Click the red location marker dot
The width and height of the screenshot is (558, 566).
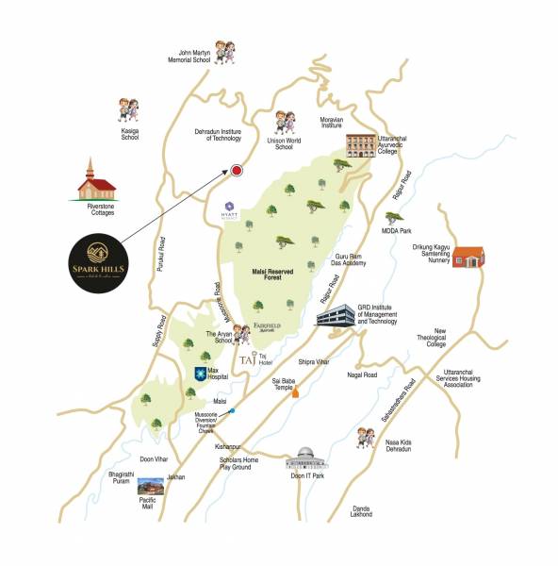[x=236, y=171]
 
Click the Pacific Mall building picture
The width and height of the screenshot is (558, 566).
[x=149, y=487]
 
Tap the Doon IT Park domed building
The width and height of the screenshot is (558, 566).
[x=305, y=458]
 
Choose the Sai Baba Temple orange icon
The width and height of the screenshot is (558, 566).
[x=295, y=391]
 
